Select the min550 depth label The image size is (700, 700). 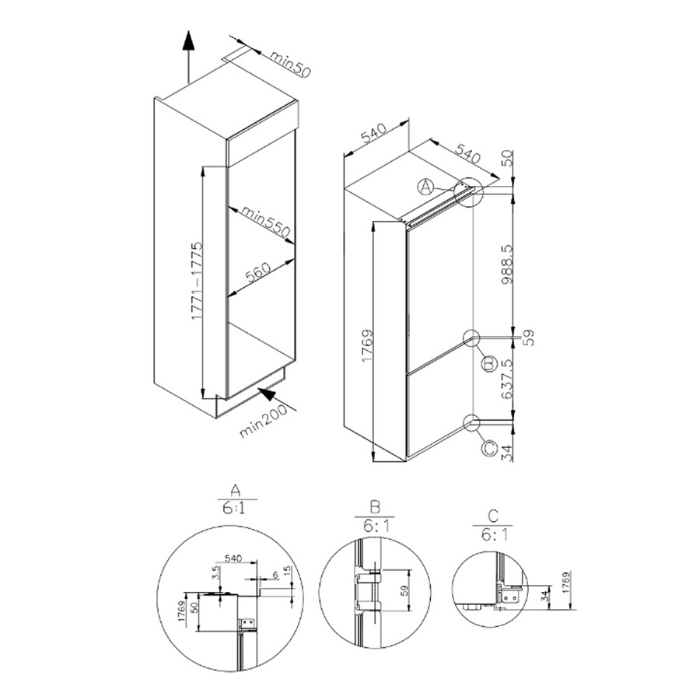coord(265,221)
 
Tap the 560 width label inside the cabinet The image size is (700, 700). coord(257,272)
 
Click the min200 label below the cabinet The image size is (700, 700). coord(263,420)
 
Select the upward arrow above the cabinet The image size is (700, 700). coord(187,54)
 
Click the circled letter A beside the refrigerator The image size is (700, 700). coord(425,187)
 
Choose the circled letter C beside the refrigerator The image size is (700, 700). coord(488,449)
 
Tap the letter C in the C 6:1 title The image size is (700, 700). coord(492,516)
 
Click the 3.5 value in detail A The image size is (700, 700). coord(215,576)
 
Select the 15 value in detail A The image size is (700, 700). coord(289,573)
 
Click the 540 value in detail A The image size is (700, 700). coord(233,558)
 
